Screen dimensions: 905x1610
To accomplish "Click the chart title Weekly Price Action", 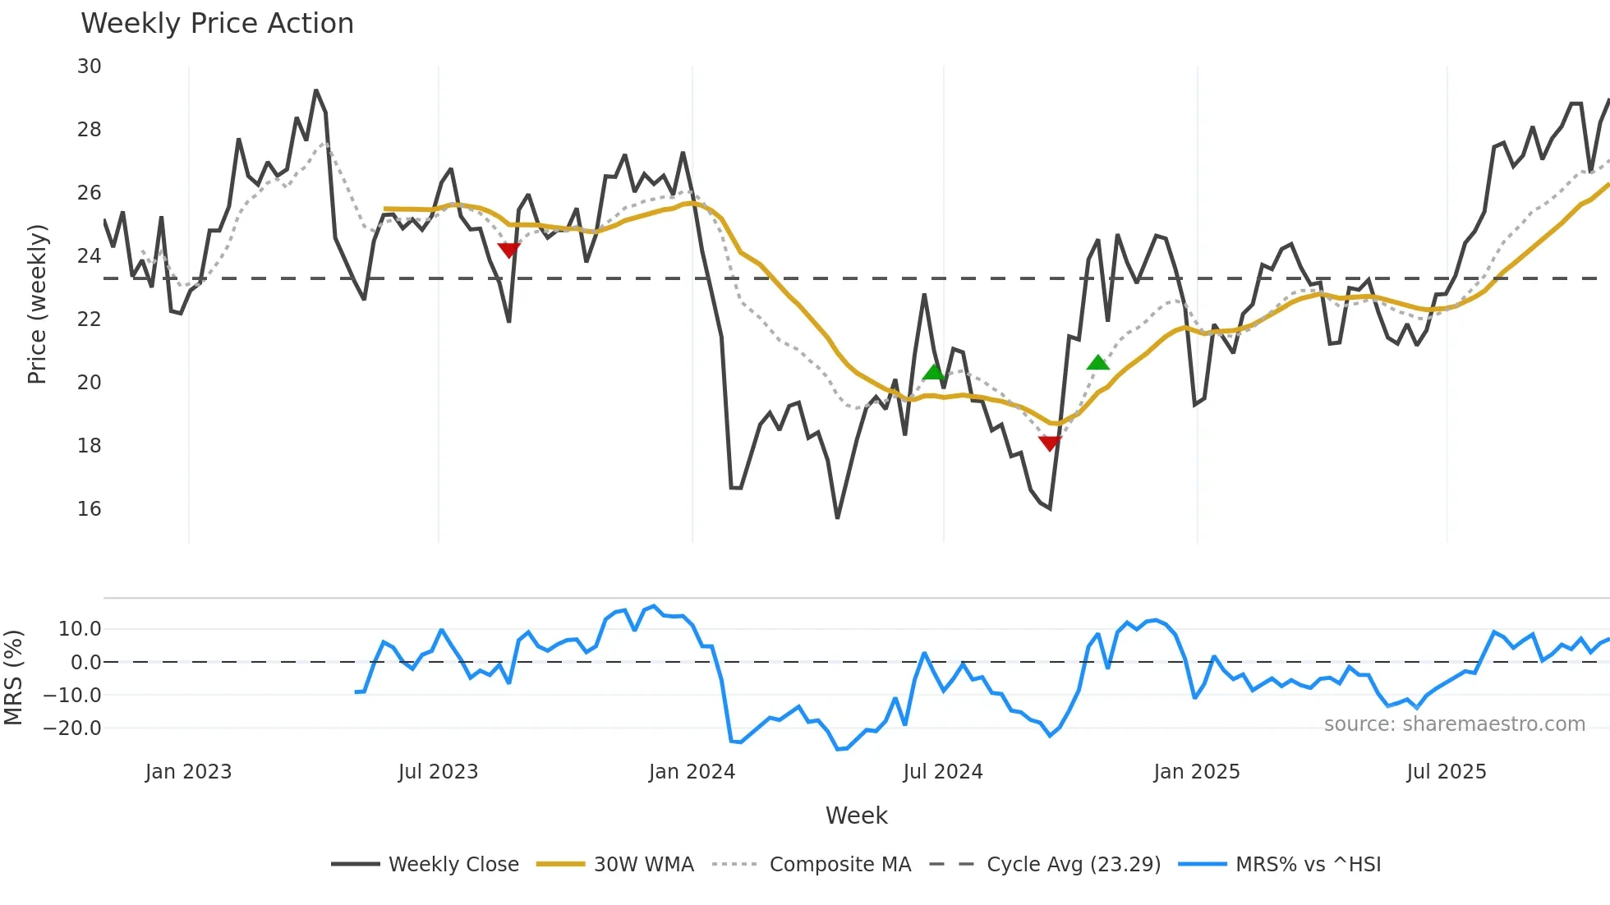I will (x=217, y=24).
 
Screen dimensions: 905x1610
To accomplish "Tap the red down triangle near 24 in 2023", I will (x=509, y=250).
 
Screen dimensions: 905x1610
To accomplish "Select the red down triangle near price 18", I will (x=1050, y=443).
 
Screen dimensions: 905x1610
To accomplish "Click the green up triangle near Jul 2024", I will (x=934, y=372).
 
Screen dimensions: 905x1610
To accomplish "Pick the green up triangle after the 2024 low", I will (x=1097, y=362).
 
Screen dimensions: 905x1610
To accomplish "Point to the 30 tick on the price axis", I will (x=90, y=67).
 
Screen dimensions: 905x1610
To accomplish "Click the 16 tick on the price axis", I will (x=90, y=509).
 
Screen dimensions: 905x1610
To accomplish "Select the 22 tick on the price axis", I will (x=90, y=319).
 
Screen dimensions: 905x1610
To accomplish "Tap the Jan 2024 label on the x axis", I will (x=692, y=772).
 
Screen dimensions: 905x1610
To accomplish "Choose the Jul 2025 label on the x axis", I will (x=1446, y=772).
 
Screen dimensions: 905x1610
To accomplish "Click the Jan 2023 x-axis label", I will (x=188, y=772).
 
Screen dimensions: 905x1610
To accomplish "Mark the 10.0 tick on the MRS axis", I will (x=80, y=629).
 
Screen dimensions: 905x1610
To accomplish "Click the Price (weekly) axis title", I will (x=37, y=304).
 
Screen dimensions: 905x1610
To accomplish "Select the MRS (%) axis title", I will (x=13, y=678).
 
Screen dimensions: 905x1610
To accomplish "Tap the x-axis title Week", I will (x=856, y=815).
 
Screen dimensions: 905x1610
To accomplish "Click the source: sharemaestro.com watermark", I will (x=1454, y=724).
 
